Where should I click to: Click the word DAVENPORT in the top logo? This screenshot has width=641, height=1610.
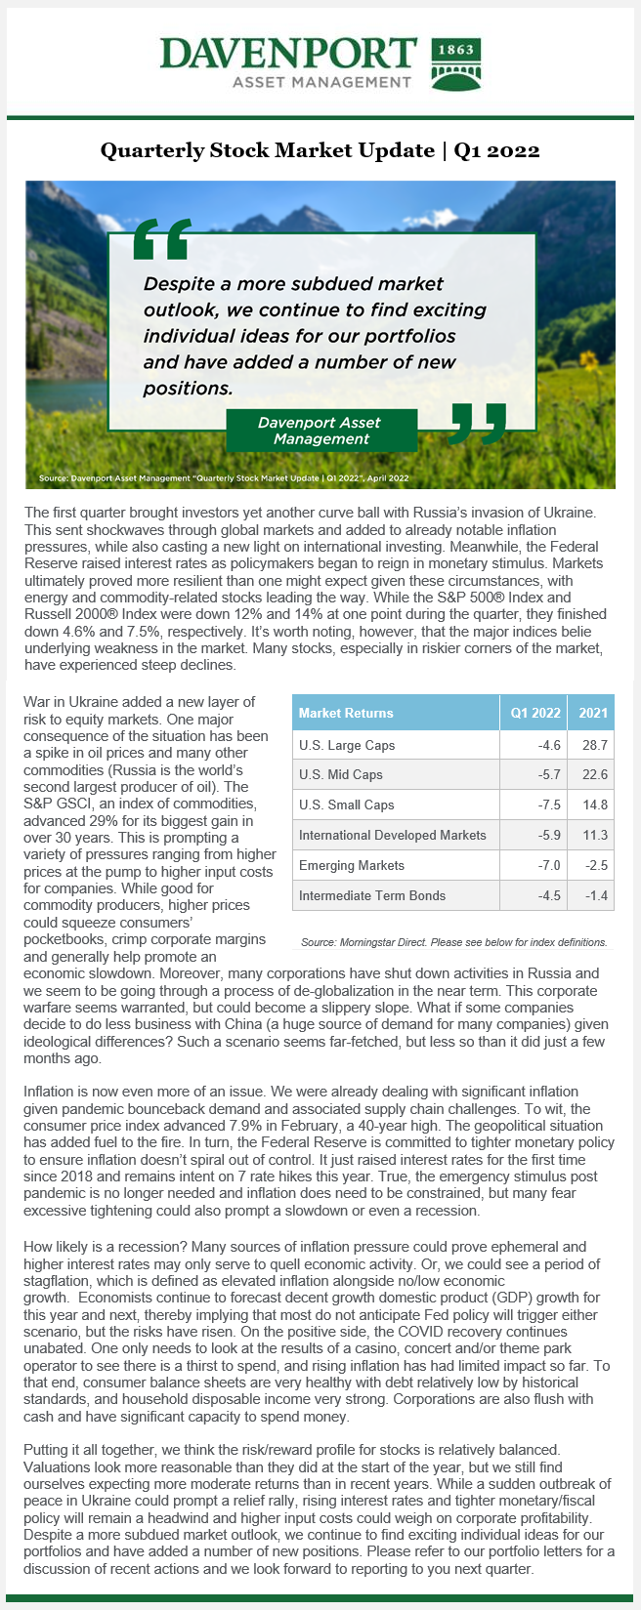coord(288,54)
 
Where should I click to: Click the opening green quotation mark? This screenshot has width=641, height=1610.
coord(161,240)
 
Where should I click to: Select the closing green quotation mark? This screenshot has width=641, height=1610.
coord(479,421)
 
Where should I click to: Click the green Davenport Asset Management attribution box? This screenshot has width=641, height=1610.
coord(320,431)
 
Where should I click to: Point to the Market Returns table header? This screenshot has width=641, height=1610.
coord(346,713)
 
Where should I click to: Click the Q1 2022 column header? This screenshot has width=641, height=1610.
coord(535,713)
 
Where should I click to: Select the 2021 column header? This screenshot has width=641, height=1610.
coord(592,713)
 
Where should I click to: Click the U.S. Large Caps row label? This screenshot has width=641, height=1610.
coord(347,745)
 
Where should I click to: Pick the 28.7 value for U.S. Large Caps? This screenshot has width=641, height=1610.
coord(595,745)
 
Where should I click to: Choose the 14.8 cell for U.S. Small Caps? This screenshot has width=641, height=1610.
coord(595,805)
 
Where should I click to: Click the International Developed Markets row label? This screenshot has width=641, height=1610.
coord(392,835)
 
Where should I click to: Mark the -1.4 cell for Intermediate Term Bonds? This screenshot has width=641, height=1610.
coord(595,895)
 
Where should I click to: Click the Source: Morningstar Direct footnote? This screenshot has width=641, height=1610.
coord(453,942)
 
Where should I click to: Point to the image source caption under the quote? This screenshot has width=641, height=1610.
coord(224,478)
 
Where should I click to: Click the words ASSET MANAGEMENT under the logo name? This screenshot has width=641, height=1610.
coord(321,82)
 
